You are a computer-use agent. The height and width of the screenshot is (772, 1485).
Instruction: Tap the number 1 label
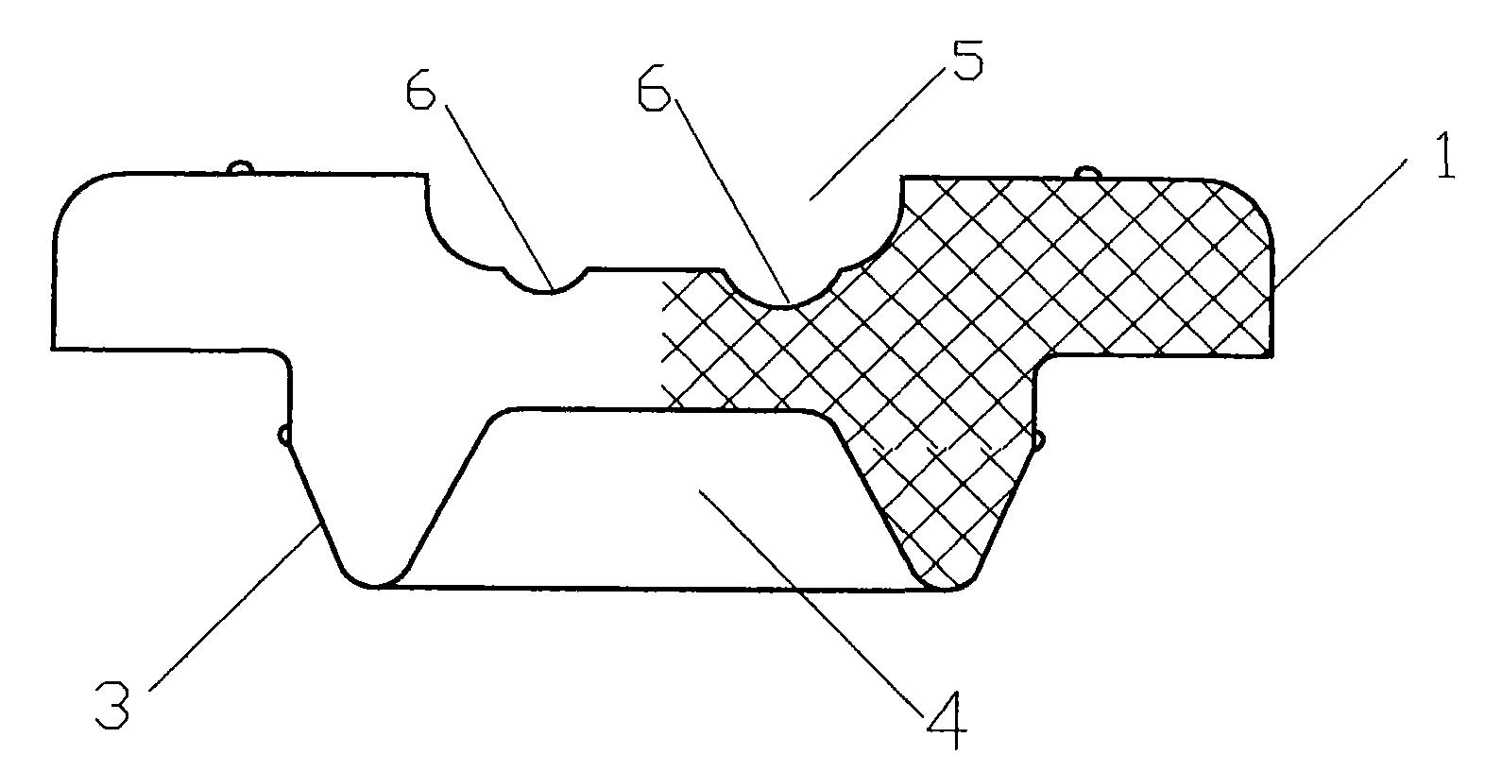1444,155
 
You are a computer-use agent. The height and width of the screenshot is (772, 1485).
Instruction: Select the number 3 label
112,704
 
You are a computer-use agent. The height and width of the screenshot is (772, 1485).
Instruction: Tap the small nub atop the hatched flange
1087,172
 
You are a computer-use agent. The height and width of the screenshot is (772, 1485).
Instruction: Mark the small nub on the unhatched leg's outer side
283,435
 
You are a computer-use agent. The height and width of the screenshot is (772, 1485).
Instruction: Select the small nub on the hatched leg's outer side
1039,439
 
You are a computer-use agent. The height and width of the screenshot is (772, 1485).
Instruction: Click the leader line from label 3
235,606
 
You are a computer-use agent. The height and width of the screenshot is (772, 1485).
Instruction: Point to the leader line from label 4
811,603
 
